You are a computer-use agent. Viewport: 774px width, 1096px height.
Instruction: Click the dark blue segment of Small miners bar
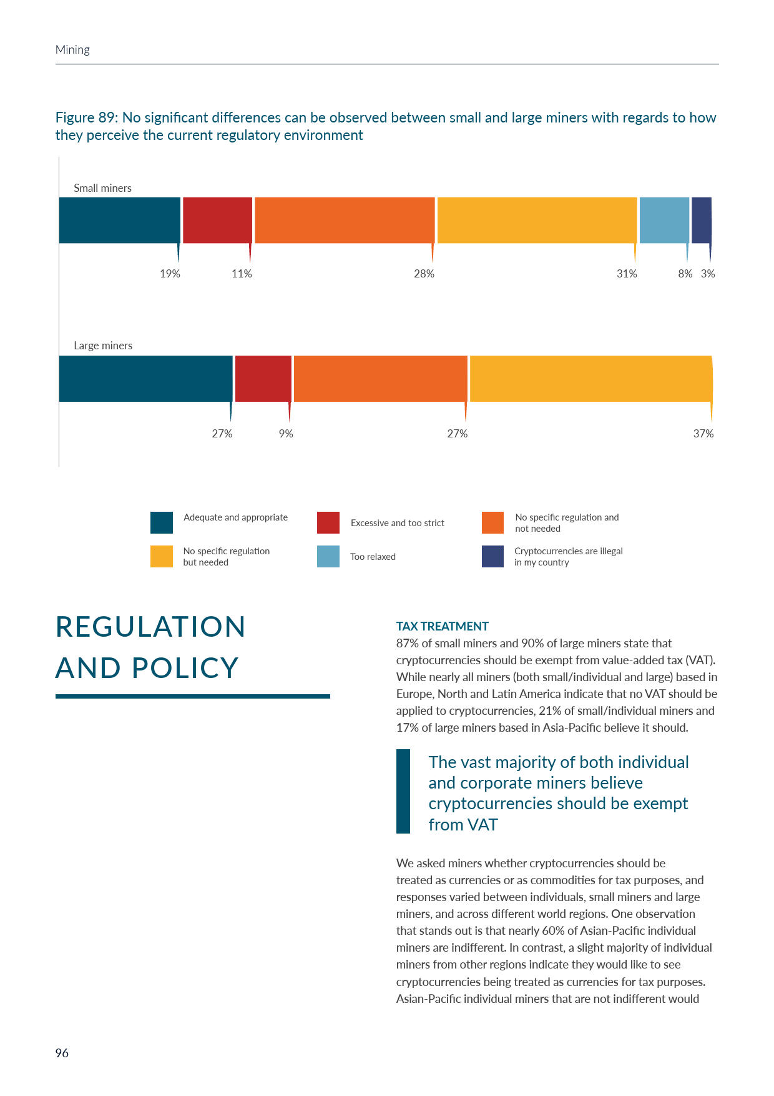click(x=701, y=220)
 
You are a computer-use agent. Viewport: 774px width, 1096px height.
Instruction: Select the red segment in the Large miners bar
click(x=263, y=379)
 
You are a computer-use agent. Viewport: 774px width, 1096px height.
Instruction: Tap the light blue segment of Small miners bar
click(x=664, y=220)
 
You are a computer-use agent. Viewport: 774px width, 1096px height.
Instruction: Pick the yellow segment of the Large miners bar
click(x=590, y=379)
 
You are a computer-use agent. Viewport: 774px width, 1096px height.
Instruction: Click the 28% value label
click(x=424, y=274)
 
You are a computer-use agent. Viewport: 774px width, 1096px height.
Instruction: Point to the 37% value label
click(x=703, y=434)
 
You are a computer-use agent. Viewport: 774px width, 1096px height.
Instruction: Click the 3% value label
click(x=708, y=274)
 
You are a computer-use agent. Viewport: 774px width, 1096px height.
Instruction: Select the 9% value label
click(x=286, y=434)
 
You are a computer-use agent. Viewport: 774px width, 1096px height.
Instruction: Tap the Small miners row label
click(x=102, y=188)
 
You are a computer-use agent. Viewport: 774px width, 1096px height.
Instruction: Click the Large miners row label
click(x=103, y=346)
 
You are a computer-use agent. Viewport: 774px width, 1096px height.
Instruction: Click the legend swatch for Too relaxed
click(x=328, y=557)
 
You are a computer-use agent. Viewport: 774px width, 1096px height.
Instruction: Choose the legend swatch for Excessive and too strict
click(x=328, y=523)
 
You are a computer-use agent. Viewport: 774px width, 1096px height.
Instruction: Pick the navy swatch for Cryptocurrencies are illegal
click(x=492, y=557)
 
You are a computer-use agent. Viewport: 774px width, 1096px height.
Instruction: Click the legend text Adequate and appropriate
click(x=235, y=517)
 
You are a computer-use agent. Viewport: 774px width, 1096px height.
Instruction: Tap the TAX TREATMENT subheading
click(x=442, y=626)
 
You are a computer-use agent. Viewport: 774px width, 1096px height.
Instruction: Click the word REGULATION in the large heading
click(x=150, y=627)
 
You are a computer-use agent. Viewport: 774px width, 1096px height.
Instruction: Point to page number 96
click(x=62, y=1053)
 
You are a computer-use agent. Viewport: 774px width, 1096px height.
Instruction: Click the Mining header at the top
click(x=72, y=50)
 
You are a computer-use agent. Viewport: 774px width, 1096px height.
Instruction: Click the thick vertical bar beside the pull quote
click(x=403, y=791)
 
